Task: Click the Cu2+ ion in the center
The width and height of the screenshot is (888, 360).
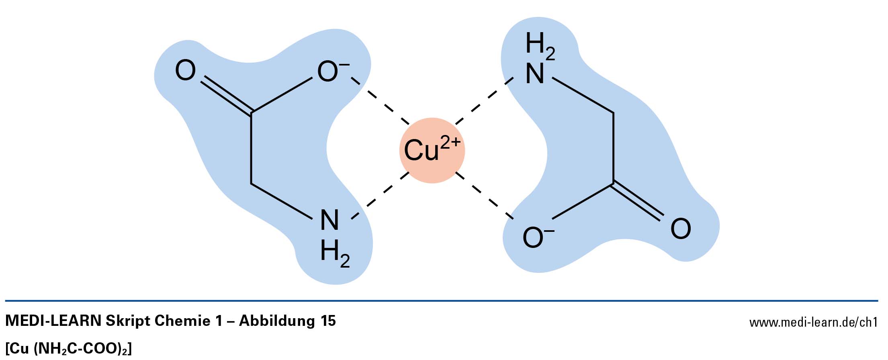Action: (x=432, y=150)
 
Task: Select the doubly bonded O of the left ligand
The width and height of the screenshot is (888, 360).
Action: (x=185, y=71)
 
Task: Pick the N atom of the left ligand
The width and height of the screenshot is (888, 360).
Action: (x=329, y=220)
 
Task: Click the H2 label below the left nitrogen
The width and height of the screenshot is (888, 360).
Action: (x=334, y=253)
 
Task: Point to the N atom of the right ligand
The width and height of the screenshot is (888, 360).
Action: (x=535, y=74)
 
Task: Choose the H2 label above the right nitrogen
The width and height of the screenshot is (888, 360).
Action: (x=540, y=45)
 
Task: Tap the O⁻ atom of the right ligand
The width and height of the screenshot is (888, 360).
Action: (x=534, y=237)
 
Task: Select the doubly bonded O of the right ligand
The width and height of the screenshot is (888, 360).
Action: (x=681, y=229)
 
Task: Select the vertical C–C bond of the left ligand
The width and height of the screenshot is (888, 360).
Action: (x=251, y=149)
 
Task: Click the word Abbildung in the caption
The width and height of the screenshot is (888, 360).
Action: (x=277, y=321)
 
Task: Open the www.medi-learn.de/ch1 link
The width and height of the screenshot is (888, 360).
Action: (x=813, y=322)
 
